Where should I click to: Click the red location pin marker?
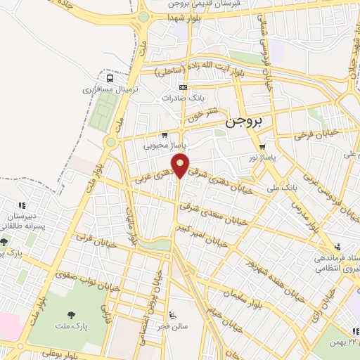click(181, 166)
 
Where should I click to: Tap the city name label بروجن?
click(246, 122)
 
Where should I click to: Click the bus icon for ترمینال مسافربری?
click(109, 79)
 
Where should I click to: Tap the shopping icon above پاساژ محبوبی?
click(165, 135)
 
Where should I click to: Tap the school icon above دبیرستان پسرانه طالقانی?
click(22, 205)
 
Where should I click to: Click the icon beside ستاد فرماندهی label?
click(339, 247)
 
